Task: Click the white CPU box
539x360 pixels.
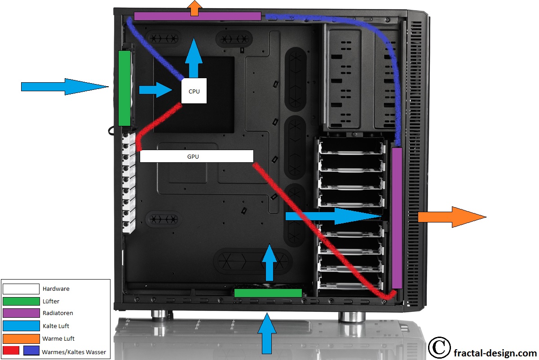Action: click(194, 91)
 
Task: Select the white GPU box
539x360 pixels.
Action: click(197, 156)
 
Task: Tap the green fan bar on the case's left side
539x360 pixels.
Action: click(124, 88)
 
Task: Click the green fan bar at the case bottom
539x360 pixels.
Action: click(268, 293)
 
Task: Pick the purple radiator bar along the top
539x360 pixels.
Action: click(197, 16)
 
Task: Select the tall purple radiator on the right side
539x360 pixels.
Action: click(397, 218)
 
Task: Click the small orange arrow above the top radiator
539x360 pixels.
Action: click(194, 8)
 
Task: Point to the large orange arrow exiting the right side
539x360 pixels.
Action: click(451, 217)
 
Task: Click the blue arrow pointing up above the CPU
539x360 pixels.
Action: click(194, 58)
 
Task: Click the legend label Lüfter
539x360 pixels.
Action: click(51, 301)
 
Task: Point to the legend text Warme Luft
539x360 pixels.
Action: click(58, 338)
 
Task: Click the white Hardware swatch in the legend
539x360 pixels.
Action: click(21, 289)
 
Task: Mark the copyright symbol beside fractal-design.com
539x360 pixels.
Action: click(439, 347)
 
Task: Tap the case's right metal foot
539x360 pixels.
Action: click(351, 316)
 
